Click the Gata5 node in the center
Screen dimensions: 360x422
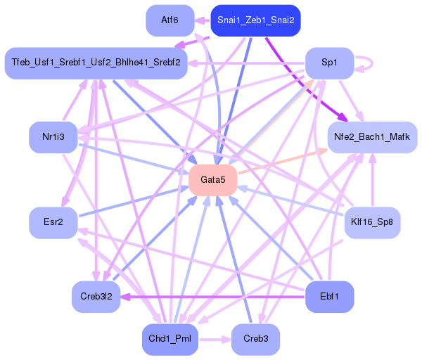point(212,180)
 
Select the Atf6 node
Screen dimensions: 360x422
point(170,20)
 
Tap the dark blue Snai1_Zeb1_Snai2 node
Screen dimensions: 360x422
point(256,20)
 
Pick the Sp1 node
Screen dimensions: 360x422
point(329,63)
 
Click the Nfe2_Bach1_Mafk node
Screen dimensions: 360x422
point(372,136)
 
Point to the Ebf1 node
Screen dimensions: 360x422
point(329,296)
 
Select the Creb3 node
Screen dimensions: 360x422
point(255,340)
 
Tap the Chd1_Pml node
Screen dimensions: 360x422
point(170,340)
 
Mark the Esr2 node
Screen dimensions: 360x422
point(53,222)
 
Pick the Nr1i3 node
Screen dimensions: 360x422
point(53,136)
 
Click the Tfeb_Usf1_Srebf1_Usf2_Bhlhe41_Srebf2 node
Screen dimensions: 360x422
point(95,63)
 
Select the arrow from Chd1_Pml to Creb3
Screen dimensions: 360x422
point(215,340)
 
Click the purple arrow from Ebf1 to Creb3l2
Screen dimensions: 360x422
point(211,297)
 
